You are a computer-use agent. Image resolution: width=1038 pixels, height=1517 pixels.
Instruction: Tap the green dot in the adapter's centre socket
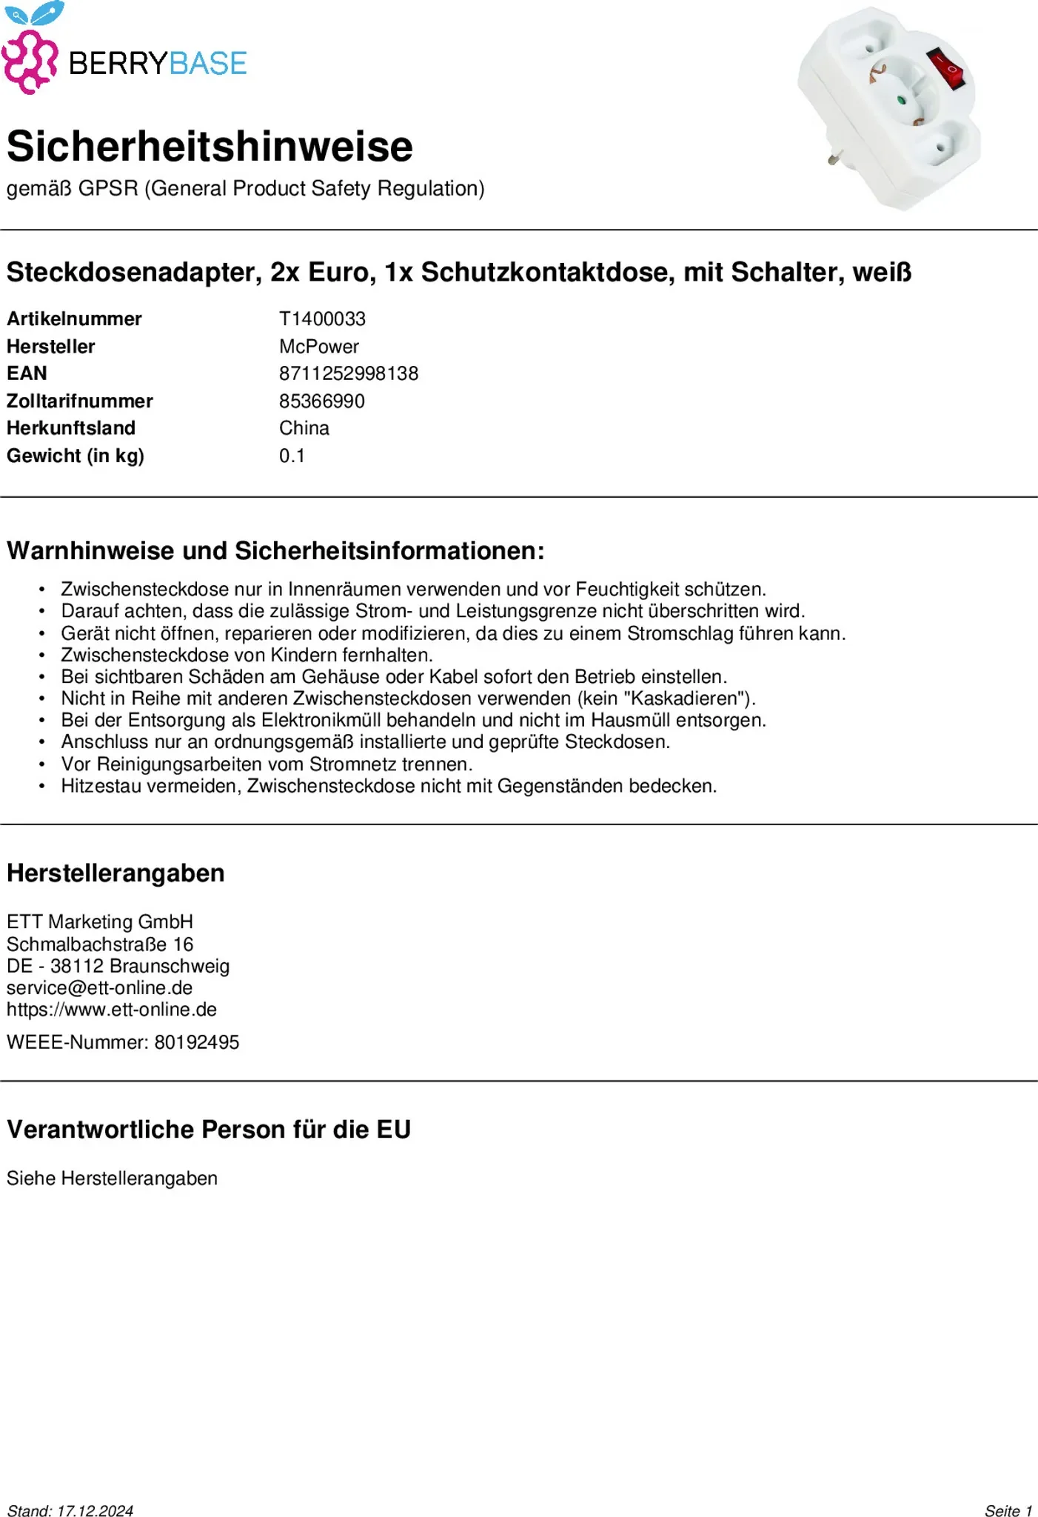(x=901, y=99)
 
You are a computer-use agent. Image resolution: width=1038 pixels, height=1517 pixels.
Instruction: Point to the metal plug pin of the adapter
(x=835, y=157)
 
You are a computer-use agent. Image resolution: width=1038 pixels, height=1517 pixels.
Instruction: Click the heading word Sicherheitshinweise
(x=210, y=146)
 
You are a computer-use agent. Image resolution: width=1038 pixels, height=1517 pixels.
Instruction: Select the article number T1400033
(x=322, y=319)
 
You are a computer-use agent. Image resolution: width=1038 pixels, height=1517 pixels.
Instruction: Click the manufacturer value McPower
(x=318, y=346)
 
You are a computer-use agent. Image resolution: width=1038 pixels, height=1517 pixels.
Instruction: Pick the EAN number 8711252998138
(x=348, y=373)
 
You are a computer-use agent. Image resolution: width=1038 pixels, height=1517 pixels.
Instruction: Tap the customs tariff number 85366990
(x=321, y=401)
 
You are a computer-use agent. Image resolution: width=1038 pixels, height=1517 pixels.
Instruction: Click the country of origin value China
(x=304, y=428)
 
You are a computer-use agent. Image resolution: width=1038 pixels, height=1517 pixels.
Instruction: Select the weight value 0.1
(x=292, y=456)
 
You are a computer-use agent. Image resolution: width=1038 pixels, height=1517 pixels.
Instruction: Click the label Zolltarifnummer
(x=79, y=401)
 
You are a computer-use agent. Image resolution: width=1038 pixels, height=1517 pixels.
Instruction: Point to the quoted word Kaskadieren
(x=688, y=699)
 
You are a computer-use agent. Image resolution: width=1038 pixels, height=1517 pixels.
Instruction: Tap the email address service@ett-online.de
(x=99, y=987)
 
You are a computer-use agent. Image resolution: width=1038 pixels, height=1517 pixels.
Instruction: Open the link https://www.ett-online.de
(x=111, y=1010)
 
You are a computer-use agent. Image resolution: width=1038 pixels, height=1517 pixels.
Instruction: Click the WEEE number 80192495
(x=196, y=1042)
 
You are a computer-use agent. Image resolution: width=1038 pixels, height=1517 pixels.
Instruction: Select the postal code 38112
(x=76, y=966)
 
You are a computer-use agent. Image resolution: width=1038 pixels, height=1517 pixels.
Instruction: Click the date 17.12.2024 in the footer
(x=95, y=1510)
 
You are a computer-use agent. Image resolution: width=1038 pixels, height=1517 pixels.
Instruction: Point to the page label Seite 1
(x=1008, y=1510)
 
